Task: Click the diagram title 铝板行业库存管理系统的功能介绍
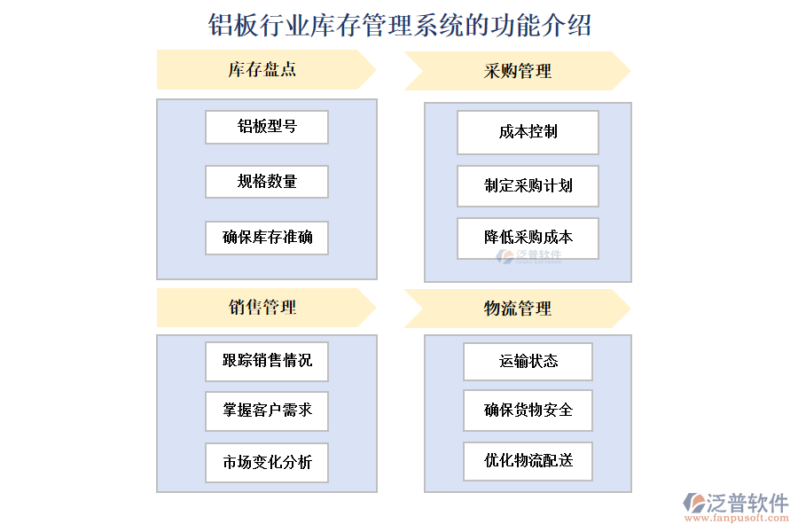tap(399, 25)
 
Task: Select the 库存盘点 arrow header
tap(264, 69)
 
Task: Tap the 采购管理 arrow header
tap(516, 71)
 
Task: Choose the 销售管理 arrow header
tap(264, 308)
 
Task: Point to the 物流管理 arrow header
tap(516, 309)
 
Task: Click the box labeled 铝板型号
tap(267, 127)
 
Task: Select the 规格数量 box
tap(267, 182)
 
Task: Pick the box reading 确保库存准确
tap(267, 238)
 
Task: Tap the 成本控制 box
tap(528, 132)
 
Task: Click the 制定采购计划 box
tap(528, 186)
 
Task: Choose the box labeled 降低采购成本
tap(528, 238)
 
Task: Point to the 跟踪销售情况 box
tap(267, 361)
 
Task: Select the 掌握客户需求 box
tap(267, 411)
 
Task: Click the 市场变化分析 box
tap(267, 462)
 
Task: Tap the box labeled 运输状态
tap(528, 361)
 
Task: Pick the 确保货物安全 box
tap(528, 411)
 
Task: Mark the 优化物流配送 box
tap(528, 461)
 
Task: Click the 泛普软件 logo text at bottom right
tap(747, 503)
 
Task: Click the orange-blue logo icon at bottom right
tap(693, 503)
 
